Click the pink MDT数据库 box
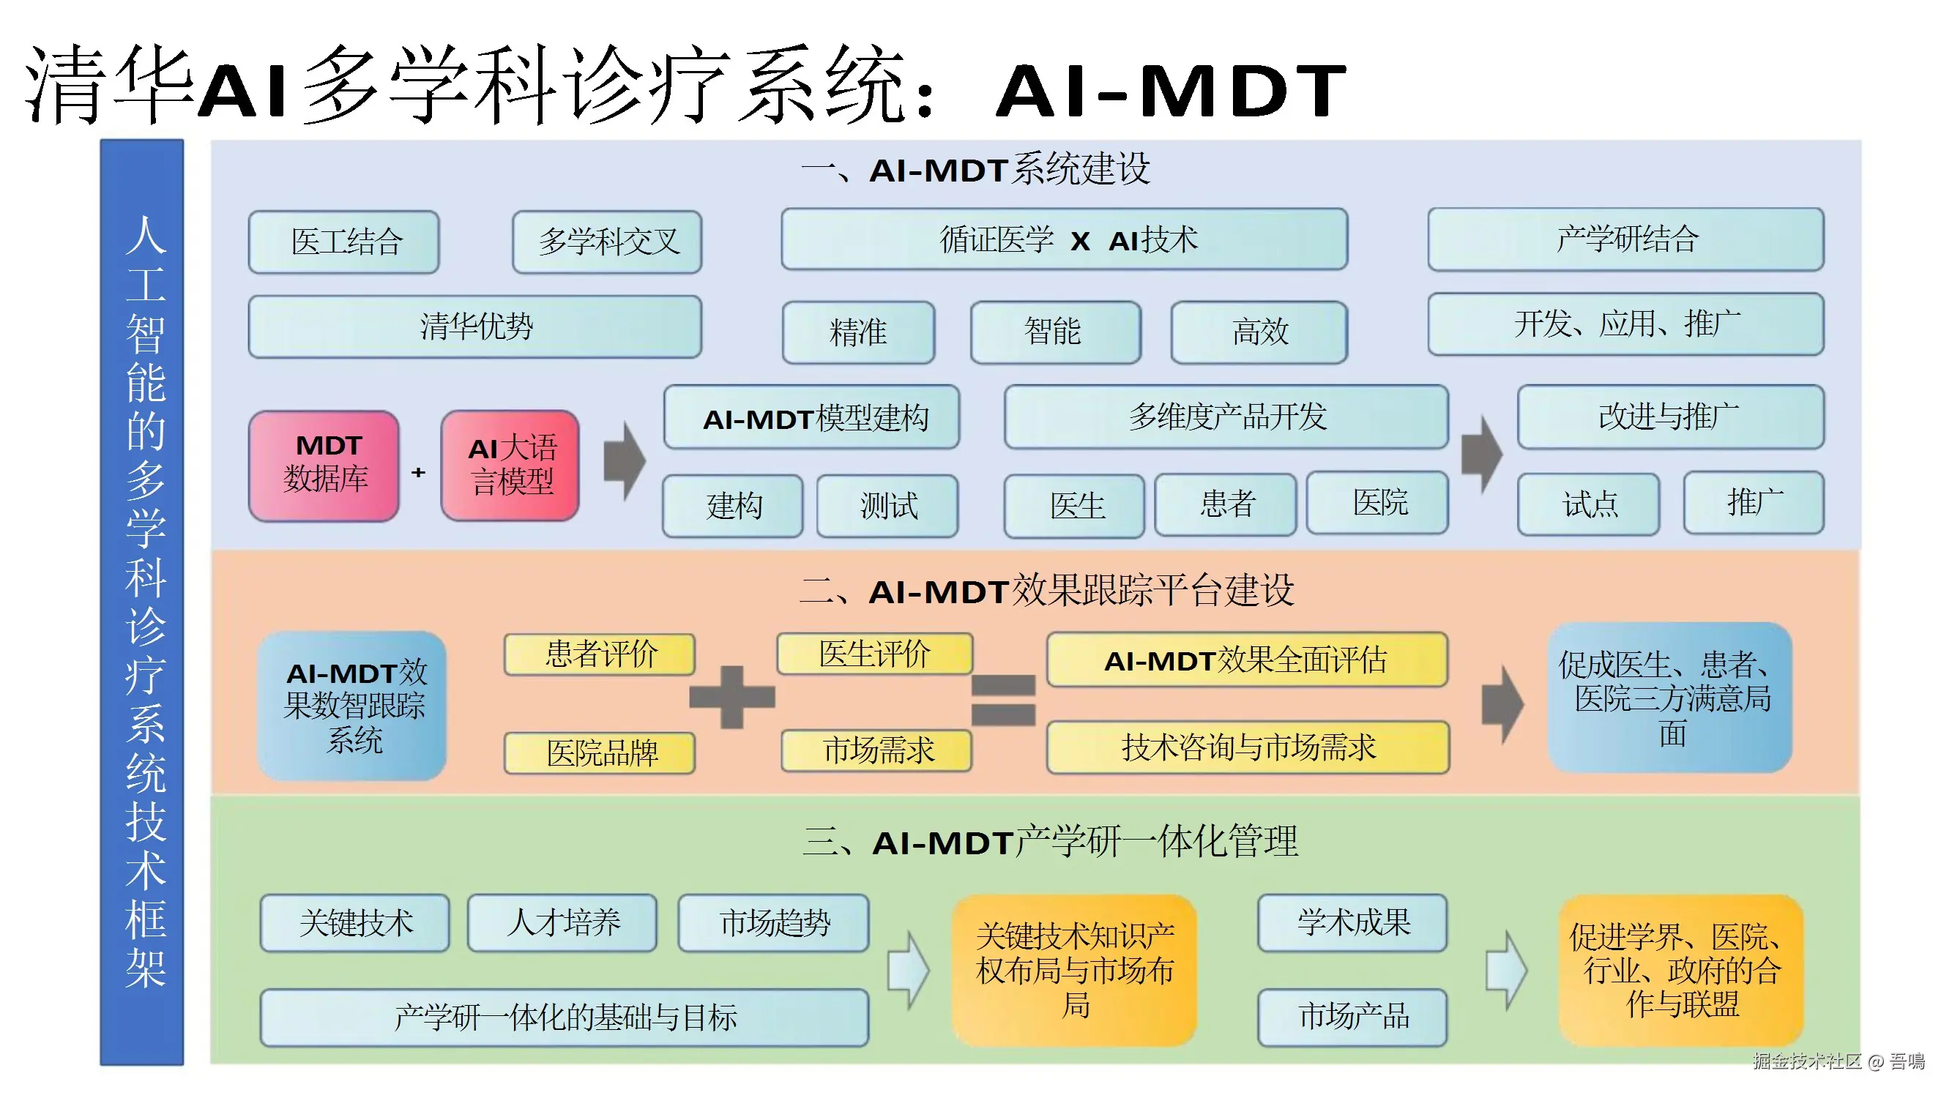(324, 465)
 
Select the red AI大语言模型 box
(510, 465)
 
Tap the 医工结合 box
(344, 242)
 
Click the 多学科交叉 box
(607, 242)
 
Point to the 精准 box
(858, 332)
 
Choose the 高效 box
(1259, 332)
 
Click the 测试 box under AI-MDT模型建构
(887, 505)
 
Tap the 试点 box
(1588, 504)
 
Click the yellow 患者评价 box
(600, 654)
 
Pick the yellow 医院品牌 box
(600, 752)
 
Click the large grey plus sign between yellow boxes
(732, 696)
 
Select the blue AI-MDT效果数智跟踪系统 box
(353, 706)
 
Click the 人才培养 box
(562, 922)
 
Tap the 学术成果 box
(1352, 922)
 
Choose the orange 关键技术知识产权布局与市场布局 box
(1075, 969)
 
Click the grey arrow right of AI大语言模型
(625, 460)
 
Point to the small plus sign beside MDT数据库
(418, 472)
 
